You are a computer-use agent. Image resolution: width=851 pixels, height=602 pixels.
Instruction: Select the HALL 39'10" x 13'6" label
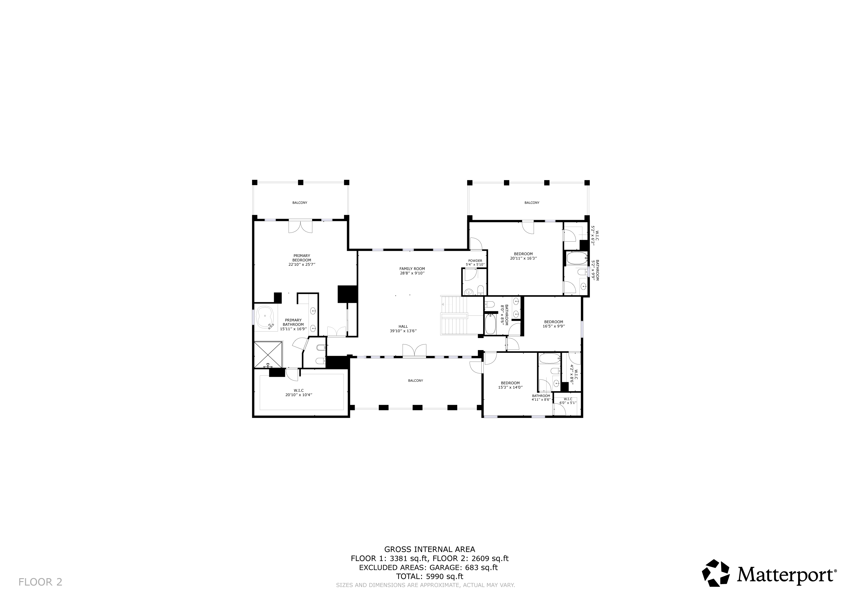(403, 328)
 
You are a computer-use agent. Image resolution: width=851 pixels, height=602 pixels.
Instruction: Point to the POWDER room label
(475, 261)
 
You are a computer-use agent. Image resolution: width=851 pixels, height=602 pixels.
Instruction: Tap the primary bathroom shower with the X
(268, 354)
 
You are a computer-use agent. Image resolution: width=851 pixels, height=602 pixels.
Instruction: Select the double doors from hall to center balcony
(414, 351)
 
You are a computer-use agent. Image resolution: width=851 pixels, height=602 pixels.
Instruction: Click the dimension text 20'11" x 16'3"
(523, 258)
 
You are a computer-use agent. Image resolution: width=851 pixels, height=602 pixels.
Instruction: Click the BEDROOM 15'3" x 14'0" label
(510, 385)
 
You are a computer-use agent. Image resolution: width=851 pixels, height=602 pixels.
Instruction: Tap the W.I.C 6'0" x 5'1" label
(567, 401)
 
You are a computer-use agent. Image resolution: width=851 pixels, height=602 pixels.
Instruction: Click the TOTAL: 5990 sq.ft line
(429, 576)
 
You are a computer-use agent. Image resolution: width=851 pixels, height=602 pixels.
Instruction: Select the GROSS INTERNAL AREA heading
(429, 549)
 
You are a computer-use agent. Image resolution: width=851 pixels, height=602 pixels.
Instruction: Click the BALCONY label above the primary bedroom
(299, 203)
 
